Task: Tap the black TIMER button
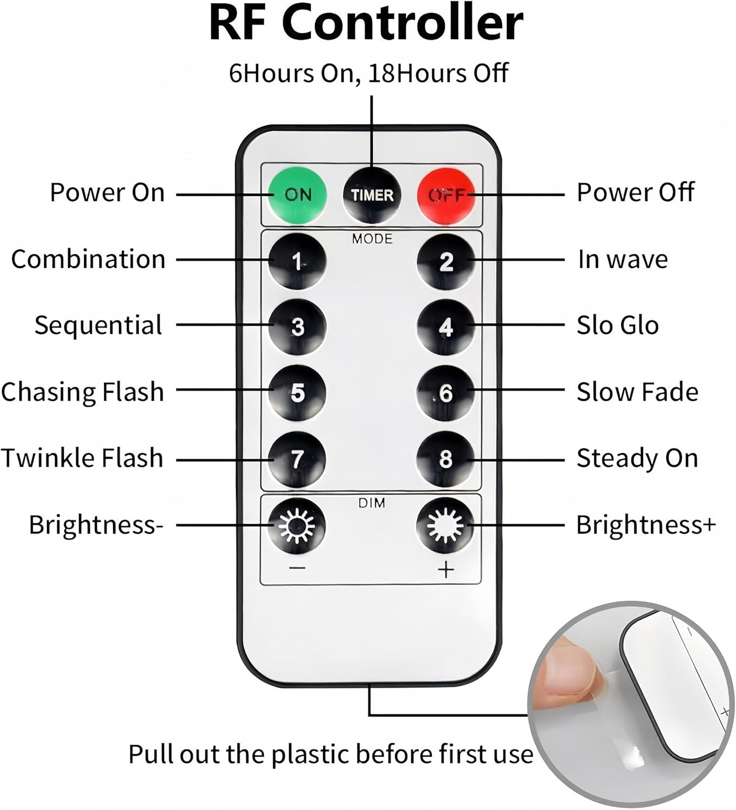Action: pyautogui.click(x=371, y=195)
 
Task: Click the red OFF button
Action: pyautogui.click(x=446, y=195)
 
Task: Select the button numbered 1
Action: pyautogui.click(x=297, y=261)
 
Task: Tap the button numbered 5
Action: pyautogui.click(x=297, y=393)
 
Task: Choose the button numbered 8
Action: pyautogui.click(x=445, y=458)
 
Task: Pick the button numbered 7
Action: pyautogui.click(x=297, y=458)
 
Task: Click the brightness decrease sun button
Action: pyautogui.click(x=297, y=525)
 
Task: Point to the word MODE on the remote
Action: pyautogui.click(x=372, y=239)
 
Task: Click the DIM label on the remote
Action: pyautogui.click(x=371, y=503)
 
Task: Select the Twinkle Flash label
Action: pyautogui.click(x=83, y=458)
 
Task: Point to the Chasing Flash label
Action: pyautogui.click(x=83, y=391)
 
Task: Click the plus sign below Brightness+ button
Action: pyautogui.click(x=445, y=570)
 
